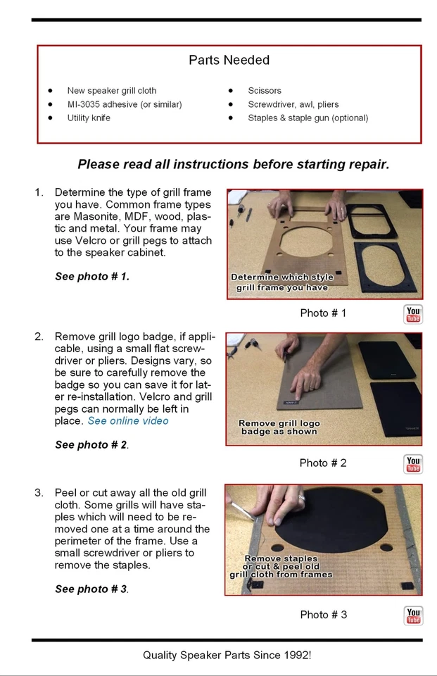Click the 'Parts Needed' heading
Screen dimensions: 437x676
(229, 60)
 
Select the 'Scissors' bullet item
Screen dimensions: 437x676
(264, 91)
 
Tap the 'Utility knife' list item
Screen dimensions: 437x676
(89, 118)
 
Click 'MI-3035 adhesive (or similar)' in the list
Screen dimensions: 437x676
(125, 104)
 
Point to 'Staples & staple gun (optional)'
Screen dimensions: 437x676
(308, 118)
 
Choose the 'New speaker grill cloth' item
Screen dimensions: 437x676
(112, 91)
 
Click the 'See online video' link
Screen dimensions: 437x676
(128, 421)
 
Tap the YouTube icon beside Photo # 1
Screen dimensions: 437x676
(413, 314)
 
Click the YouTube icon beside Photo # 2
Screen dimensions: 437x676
(413, 464)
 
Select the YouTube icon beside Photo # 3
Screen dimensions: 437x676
(413, 615)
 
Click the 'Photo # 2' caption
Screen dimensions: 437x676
(323, 463)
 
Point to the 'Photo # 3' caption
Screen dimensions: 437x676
(323, 615)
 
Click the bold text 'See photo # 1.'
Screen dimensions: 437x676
(92, 276)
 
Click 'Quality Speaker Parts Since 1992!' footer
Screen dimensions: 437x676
(227, 656)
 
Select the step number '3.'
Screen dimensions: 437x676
(39, 493)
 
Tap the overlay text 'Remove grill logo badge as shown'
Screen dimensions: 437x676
(279, 427)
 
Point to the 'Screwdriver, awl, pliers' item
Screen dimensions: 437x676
(293, 104)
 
